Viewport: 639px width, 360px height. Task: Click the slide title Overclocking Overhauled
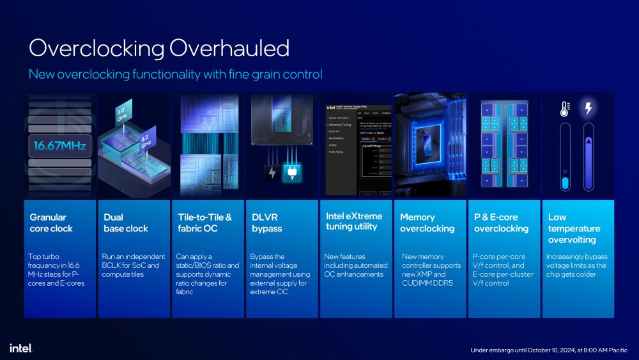159,49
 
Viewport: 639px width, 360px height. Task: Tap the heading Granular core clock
51,223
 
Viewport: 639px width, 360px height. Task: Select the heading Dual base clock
126,223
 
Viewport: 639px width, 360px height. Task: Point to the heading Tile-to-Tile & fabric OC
204,223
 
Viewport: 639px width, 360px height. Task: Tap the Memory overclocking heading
427,223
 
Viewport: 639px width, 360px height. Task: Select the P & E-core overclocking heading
501,223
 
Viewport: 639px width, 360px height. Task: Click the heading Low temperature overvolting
574,228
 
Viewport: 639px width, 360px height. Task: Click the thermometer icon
564,109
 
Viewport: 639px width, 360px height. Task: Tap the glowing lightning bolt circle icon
588,109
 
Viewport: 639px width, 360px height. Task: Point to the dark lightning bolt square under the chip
272,172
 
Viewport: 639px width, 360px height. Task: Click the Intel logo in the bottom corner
20,348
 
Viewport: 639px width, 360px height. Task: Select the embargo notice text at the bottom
549,350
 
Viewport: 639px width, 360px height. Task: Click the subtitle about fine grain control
175,74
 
